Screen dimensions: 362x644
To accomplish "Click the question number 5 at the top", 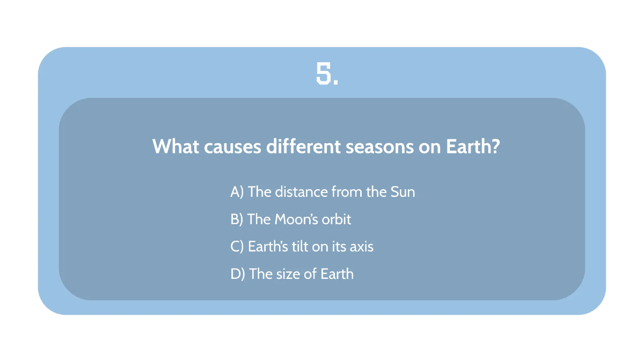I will click(x=326, y=75).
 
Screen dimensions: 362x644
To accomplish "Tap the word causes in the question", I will click(x=233, y=146).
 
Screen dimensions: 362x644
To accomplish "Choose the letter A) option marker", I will click(x=237, y=192).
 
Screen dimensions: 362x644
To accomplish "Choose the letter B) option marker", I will click(x=237, y=219).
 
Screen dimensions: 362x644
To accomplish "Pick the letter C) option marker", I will click(x=237, y=247).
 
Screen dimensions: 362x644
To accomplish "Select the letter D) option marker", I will click(x=238, y=274).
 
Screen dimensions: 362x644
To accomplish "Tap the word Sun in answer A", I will click(x=402, y=192).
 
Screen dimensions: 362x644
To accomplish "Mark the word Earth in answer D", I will click(x=337, y=274).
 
